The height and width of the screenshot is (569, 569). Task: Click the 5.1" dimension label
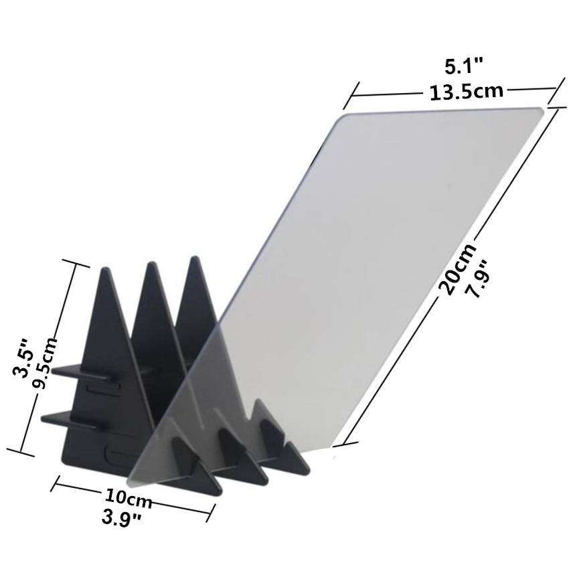coord(464,66)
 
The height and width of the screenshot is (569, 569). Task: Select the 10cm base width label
coord(128,497)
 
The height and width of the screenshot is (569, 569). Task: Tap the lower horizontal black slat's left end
coord(44,419)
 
